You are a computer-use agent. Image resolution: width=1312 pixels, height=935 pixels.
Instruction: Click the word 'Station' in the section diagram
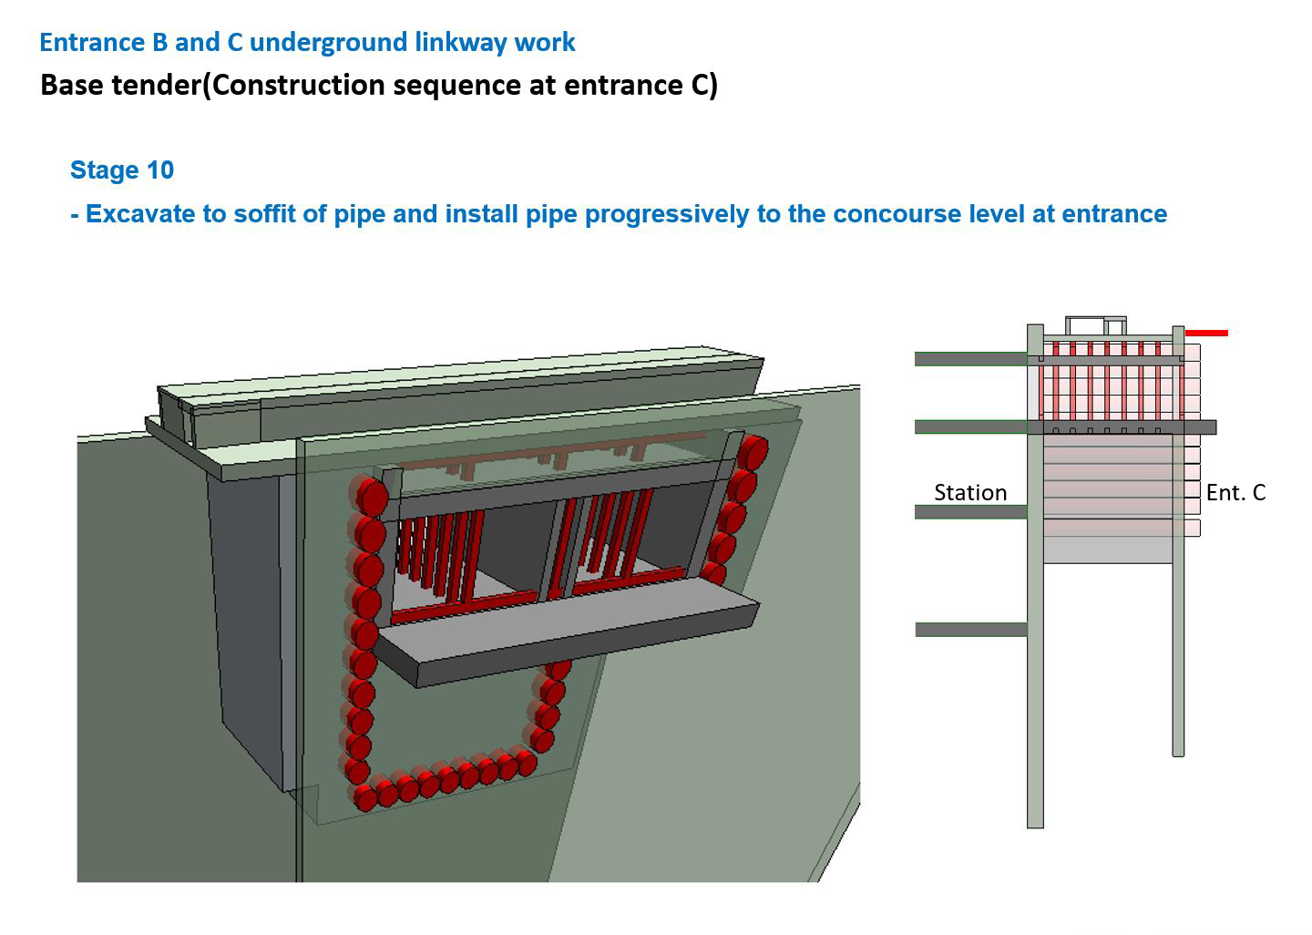(x=970, y=493)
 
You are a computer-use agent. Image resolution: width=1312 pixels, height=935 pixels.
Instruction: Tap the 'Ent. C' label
(x=1235, y=493)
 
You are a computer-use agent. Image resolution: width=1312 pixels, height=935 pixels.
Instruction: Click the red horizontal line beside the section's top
(x=1206, y=334)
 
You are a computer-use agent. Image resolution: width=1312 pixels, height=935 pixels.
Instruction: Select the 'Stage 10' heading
(x=122, y=170)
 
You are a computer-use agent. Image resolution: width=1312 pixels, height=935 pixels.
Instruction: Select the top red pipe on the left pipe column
(x=370, y=496)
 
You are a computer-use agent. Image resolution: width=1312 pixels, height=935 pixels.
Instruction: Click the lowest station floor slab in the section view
(x=971, y=630)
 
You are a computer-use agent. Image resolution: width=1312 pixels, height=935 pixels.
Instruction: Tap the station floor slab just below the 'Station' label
(x=971, y=512)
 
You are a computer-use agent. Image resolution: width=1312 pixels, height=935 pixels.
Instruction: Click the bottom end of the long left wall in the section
(x=1036, y=827)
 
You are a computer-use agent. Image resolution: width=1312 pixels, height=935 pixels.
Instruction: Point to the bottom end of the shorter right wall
(x=1178, y=755)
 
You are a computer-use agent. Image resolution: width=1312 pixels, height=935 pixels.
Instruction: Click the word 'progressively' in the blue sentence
(x=667, y=214)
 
